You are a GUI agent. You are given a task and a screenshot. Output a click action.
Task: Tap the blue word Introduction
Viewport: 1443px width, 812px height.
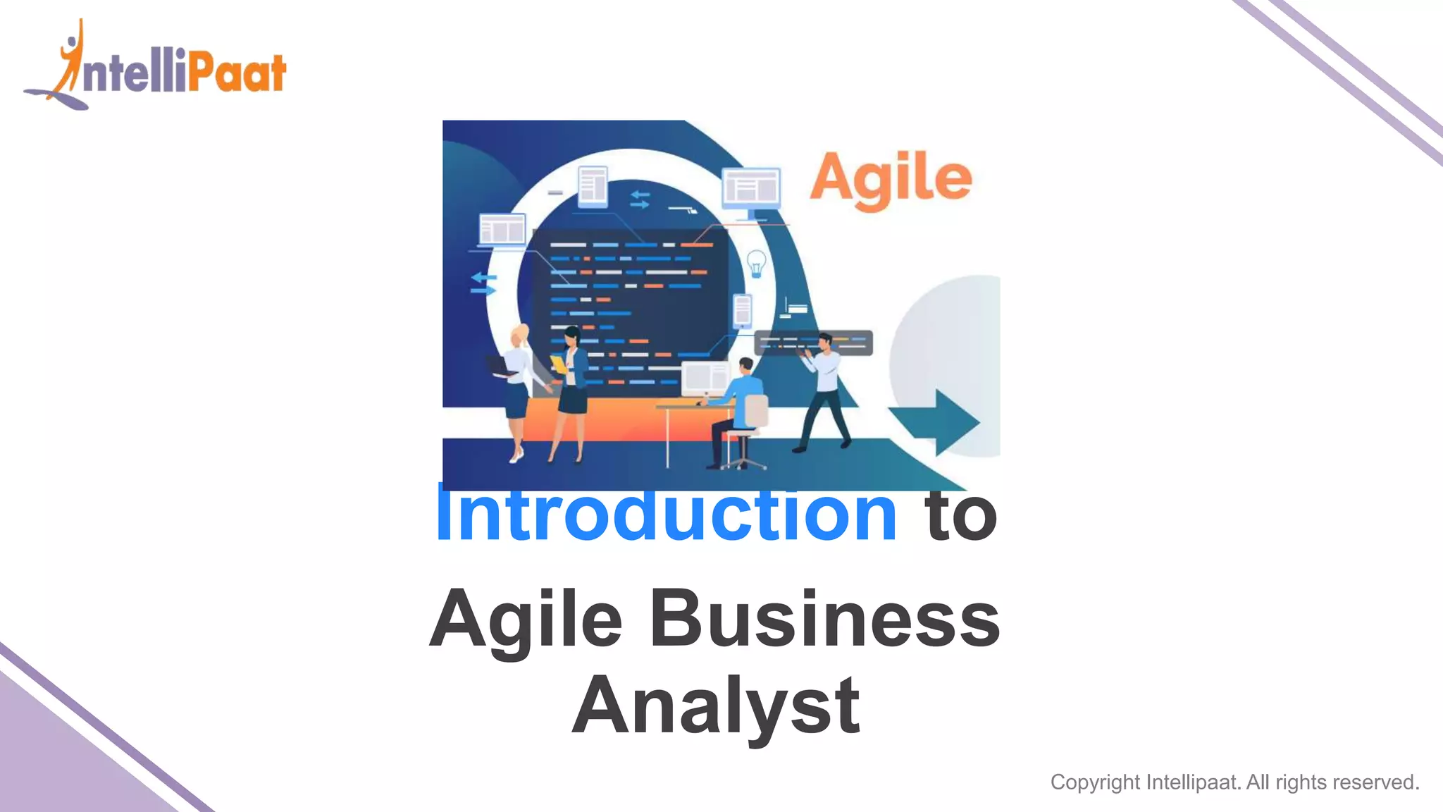667,515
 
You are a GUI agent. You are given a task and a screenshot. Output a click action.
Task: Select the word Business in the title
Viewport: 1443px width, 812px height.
824,619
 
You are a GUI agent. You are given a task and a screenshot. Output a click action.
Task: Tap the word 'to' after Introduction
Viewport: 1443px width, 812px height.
961,515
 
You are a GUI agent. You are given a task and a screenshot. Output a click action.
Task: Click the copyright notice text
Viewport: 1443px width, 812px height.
1234,782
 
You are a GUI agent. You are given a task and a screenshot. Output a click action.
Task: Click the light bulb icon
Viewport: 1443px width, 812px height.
756,264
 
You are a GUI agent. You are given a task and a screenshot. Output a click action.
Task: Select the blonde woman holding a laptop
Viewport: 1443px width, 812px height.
518,388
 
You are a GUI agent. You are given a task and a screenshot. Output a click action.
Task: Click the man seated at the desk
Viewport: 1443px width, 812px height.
736,409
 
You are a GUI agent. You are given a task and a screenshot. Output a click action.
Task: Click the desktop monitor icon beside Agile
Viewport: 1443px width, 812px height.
751,188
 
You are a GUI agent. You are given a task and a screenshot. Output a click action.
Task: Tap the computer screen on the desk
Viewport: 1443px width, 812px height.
704,379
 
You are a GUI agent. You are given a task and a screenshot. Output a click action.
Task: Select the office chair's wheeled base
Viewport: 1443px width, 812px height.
743,462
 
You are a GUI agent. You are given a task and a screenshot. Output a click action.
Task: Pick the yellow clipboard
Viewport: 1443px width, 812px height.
558,364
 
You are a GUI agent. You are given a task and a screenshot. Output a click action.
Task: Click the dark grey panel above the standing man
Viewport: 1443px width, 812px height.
813,343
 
